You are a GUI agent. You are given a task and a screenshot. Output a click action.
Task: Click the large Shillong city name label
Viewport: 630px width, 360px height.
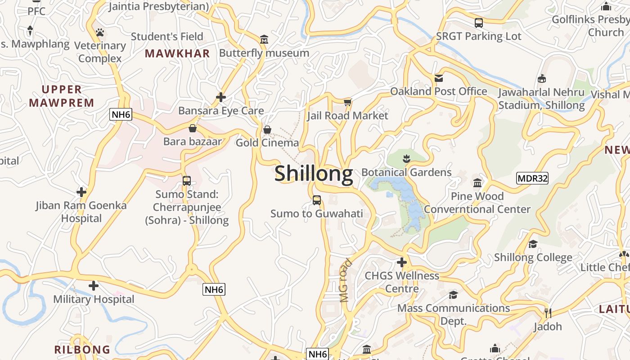314,173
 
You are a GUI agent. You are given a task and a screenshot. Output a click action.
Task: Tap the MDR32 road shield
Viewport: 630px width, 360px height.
532,178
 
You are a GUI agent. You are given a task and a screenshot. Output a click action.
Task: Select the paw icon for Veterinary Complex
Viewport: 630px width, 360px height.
100,32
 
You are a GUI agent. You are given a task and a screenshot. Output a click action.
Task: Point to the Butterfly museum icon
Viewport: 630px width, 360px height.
264,40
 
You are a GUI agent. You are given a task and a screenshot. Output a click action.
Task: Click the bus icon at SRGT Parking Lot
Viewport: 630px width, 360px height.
479,22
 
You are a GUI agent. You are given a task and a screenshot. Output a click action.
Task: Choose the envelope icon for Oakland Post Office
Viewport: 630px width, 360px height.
439,78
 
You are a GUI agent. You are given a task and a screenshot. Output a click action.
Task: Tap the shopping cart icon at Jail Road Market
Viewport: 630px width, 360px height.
347,103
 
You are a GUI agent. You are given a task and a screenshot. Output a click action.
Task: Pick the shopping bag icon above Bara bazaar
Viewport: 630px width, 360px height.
193,128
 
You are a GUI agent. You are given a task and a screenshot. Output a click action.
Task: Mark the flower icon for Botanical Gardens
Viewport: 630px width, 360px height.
406,158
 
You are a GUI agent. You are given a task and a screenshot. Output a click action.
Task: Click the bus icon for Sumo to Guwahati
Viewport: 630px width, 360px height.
317,200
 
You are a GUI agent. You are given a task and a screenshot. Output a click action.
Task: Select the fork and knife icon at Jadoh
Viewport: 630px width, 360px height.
548,313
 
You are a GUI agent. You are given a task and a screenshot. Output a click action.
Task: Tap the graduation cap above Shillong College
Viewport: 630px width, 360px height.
533,244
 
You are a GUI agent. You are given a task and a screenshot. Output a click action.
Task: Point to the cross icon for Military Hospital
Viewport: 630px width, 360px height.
94,286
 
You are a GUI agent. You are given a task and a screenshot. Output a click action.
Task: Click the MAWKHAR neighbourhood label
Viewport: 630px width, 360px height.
177,54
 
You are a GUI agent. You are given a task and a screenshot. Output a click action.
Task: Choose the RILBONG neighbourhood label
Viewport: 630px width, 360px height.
82,350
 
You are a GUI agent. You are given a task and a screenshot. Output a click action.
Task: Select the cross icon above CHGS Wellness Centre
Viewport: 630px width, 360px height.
402,262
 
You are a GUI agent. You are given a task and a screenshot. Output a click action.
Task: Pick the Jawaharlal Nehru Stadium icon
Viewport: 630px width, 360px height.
542,79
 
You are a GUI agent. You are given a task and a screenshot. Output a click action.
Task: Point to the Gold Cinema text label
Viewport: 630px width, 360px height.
267,143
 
